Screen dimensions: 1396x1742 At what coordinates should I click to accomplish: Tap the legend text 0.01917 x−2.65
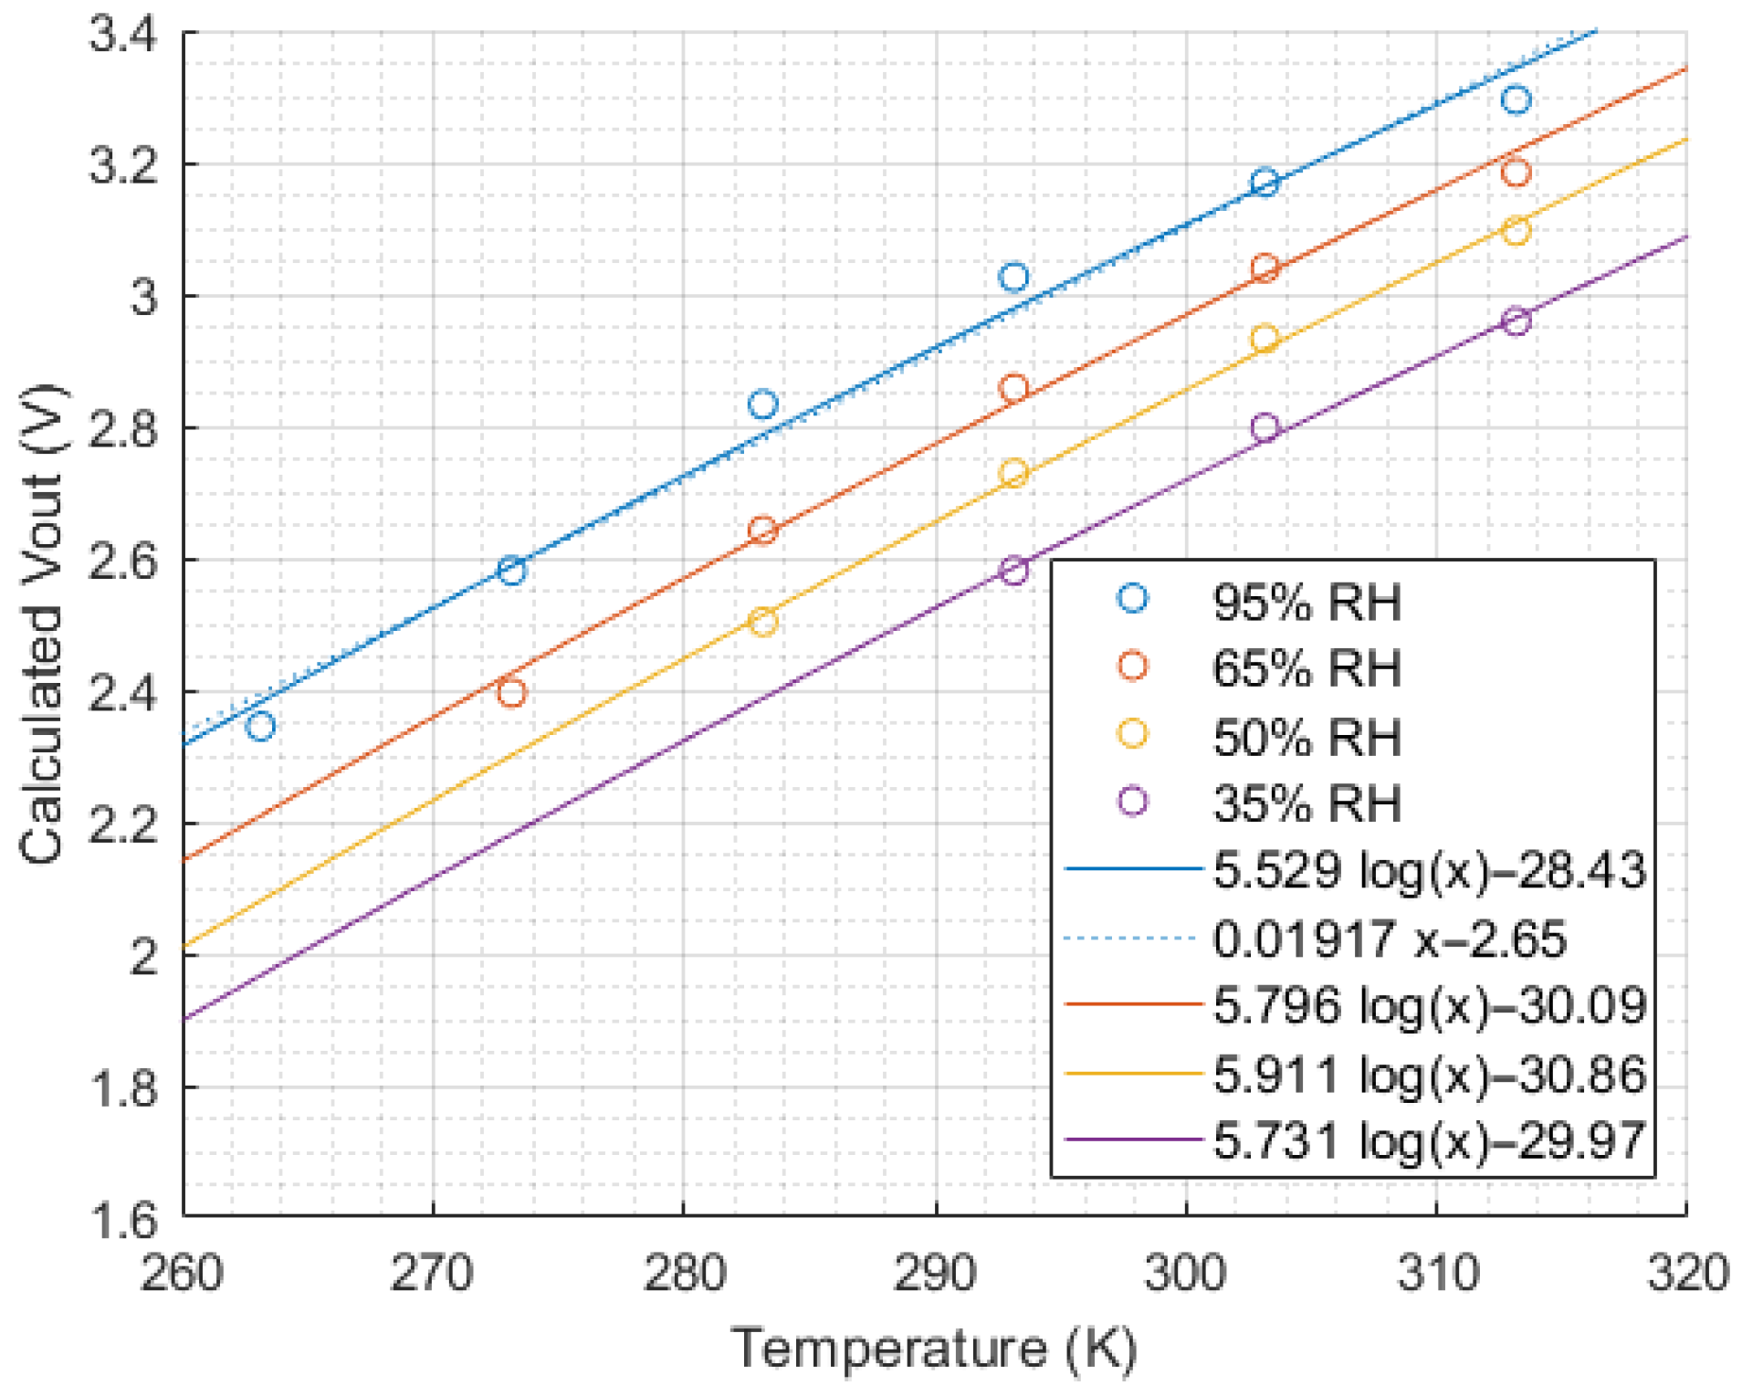click(1388, 939)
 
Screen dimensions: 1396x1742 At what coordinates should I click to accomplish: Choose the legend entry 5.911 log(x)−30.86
click(1429, 1075)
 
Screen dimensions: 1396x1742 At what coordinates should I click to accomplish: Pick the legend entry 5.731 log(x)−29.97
click(1429, 1141)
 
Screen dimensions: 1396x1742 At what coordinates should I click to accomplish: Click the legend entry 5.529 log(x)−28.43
click(1429, 870)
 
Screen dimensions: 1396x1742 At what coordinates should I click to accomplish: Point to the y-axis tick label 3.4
click(123, 37)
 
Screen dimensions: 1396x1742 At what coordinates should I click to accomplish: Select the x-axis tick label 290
click(935, 1273)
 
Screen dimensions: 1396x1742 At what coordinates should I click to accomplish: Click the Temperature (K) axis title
click(935, 1349)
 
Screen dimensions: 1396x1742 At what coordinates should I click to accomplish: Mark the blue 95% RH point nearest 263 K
click(261, 727)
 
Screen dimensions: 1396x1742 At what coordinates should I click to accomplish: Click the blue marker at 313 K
click(1516, 100)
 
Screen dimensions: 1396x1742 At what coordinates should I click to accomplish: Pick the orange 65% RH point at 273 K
click(512, 693)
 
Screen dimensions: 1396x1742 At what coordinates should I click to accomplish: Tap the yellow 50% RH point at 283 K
click(763, 623)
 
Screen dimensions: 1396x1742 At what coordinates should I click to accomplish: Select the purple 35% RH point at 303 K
click(1265, 427)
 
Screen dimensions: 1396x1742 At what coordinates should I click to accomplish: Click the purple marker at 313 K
click(1516, 321)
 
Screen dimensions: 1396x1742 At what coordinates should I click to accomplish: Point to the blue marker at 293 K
click(1013, 277)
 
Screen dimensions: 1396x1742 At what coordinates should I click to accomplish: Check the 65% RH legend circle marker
click(1132, 667)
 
